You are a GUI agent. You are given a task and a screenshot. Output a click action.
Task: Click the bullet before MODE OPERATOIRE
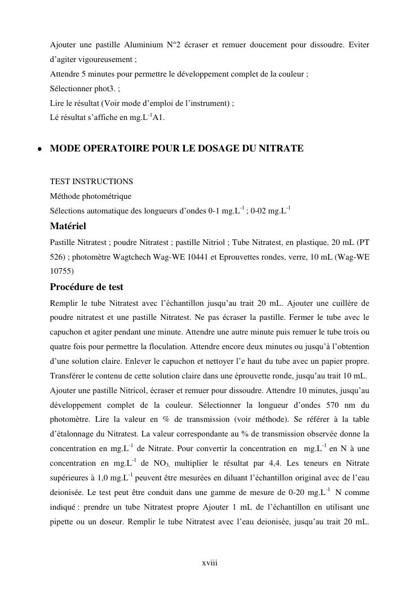coord(39,149)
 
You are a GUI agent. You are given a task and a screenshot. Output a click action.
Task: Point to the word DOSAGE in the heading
coord(212,149)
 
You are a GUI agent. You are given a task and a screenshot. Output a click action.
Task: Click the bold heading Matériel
coord(68,226)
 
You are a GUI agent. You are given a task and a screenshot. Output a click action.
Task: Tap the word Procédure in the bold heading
coord(70,287)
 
